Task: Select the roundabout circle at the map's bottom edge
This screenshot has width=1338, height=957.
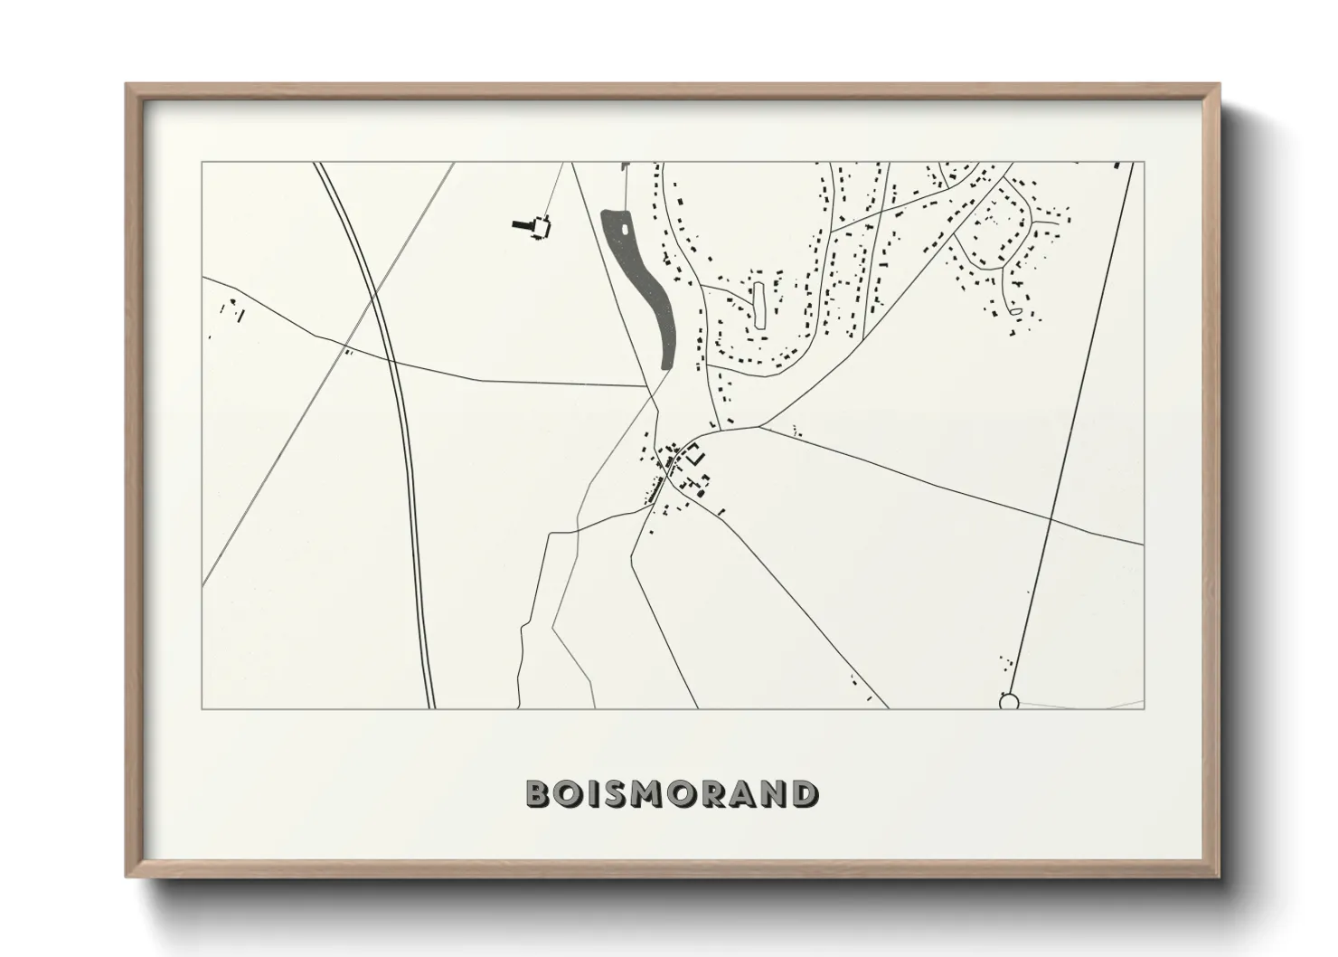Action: tap(1009, 701)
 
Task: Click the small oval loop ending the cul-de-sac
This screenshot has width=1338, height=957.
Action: tap(1014, 312)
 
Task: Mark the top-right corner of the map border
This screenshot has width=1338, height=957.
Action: tap(1144, 163)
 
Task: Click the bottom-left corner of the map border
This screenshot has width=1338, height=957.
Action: tap(203, 709)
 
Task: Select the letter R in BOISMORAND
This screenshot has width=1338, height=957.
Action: tap(712, 793)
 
